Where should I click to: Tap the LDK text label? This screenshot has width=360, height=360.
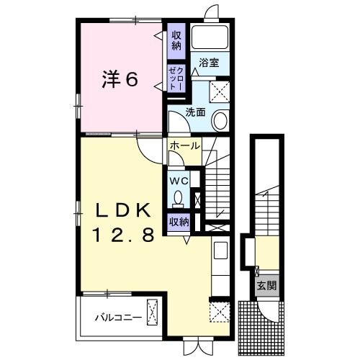point(124,210)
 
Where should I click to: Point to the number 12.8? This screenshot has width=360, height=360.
point(124,235)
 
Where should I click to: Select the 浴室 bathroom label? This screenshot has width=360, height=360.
point(209,64)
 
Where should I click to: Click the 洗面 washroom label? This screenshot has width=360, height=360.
point(195,112)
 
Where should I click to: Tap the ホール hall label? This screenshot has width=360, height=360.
point(184,145)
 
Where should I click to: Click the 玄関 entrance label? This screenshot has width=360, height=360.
point(266,286)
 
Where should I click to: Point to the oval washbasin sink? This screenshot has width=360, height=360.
point(220,120)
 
